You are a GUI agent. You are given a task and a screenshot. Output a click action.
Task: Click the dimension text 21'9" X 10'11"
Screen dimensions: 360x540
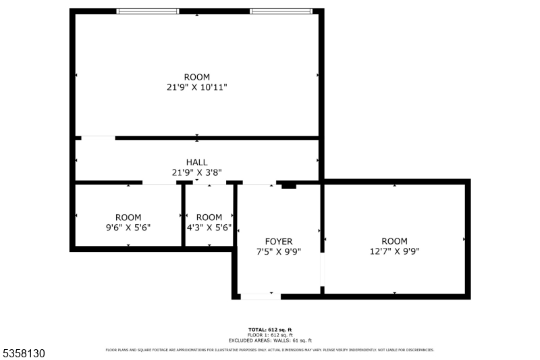[197, 87]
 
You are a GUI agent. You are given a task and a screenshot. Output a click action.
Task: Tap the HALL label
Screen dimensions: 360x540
[197, 162]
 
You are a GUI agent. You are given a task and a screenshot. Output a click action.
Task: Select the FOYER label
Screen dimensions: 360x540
[278, 241]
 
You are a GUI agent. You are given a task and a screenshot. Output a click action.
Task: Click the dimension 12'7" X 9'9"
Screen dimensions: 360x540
[394, 251]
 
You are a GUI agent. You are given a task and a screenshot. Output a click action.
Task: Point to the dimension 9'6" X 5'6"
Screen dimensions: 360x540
[128, 228]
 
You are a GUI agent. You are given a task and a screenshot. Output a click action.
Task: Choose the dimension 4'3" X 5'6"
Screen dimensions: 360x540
[209, 228]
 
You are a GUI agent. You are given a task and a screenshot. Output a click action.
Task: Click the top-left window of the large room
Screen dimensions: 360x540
[148, 11]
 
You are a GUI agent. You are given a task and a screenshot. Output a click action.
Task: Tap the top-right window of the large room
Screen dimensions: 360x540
[281, 11]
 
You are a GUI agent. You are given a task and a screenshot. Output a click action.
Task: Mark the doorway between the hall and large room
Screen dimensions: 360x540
[99, 138]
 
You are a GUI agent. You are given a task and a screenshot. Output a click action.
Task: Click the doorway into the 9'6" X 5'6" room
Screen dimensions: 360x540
[159, 182]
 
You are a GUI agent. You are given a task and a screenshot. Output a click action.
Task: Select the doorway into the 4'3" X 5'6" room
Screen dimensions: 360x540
[209, 182]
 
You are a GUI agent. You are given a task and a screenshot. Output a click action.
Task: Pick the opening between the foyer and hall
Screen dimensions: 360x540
[259, 182]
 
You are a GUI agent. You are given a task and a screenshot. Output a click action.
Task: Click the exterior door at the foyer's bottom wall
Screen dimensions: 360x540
[256, 296]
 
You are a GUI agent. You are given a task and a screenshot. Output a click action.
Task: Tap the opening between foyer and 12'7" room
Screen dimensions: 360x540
[322, 269]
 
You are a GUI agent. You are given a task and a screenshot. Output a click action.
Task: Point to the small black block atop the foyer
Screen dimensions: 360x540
[288, 185]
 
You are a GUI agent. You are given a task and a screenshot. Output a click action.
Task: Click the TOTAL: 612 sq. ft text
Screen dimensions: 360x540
[269, 330]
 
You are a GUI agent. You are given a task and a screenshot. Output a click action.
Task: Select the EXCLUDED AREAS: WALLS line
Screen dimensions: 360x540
[269, 340]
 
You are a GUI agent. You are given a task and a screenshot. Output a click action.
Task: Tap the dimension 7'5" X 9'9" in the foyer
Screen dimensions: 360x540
[278, 251]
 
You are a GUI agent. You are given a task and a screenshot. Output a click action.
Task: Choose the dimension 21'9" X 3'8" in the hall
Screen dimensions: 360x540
[197, 172]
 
